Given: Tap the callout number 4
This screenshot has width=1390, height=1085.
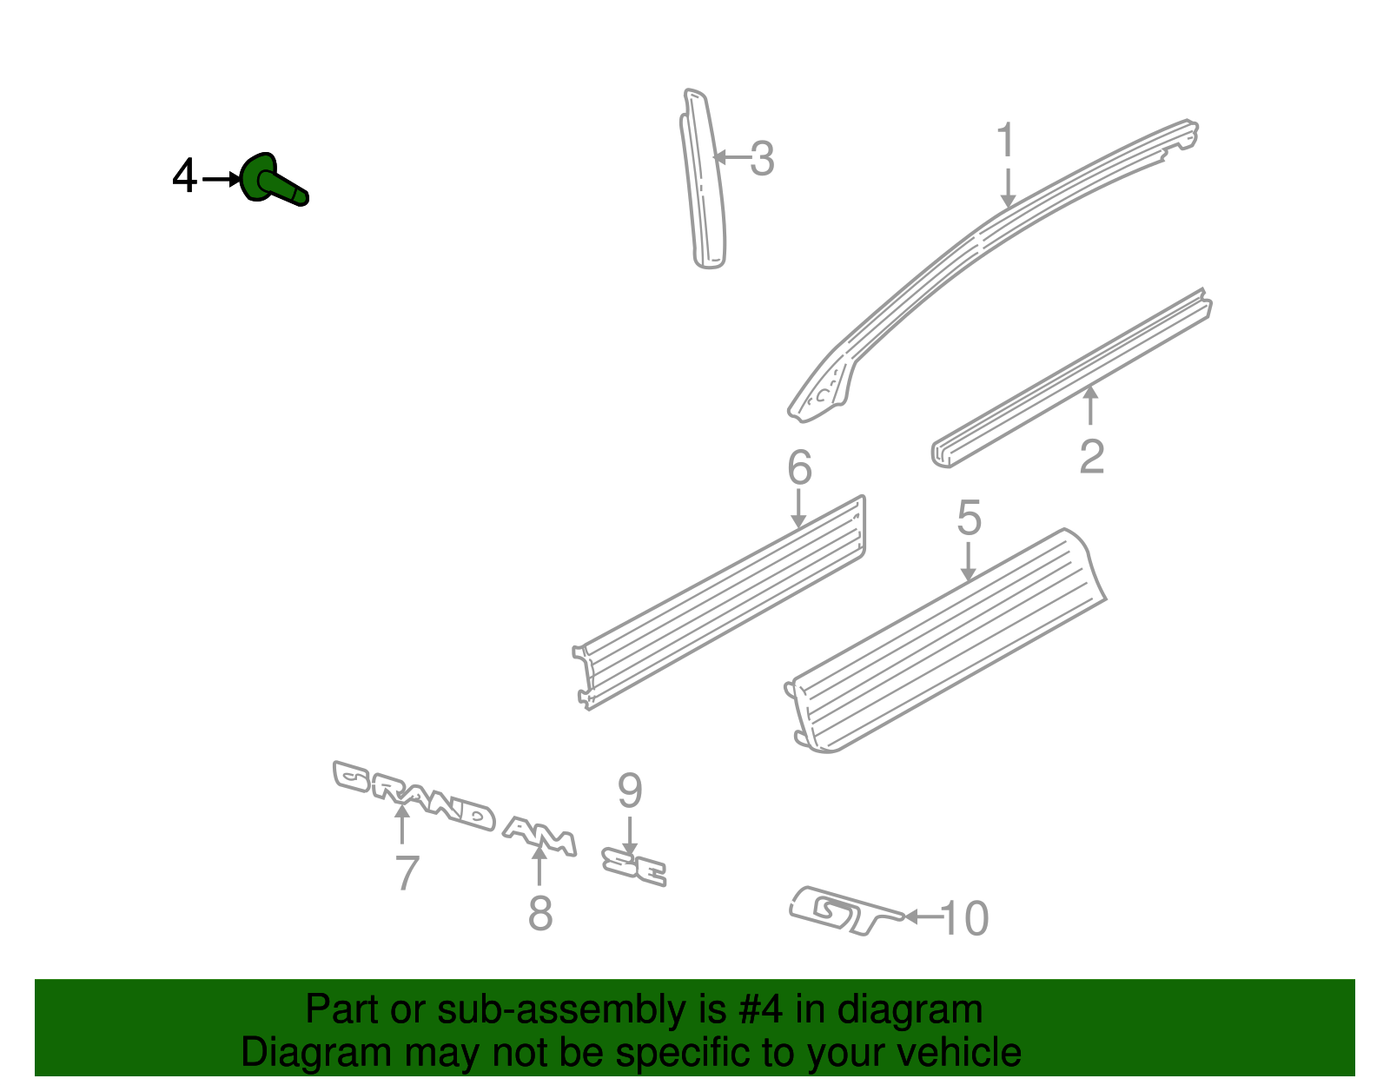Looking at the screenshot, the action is (184, 175).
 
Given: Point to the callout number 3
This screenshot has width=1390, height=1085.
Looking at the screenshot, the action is (762, 159).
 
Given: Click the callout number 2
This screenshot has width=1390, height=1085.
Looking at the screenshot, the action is (1091, 457).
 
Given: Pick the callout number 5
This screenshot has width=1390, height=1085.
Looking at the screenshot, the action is (970, 518).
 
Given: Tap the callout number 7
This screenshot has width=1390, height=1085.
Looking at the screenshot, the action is (407, 873).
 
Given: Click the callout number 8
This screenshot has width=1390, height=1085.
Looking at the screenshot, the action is (540, 913).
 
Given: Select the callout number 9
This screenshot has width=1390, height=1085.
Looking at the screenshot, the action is (630, 791).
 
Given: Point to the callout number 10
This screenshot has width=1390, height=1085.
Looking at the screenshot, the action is (964, 918).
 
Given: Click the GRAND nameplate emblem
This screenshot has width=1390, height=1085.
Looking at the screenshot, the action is (414, 796).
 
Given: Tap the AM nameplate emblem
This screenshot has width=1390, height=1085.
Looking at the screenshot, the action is (539, 837).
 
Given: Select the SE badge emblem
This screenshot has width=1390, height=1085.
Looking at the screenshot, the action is (634, 866).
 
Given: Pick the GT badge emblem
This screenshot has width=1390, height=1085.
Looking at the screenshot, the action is (844, 911).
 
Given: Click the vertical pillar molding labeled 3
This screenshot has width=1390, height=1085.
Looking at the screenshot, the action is (703, 179).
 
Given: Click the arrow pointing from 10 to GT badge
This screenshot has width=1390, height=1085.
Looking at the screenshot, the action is (923, 916).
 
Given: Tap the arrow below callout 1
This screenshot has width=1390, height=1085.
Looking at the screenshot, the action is (1008, 188).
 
